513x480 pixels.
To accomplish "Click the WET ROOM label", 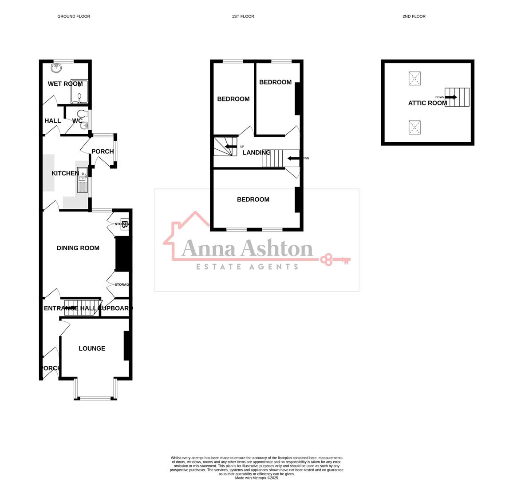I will (65, 84).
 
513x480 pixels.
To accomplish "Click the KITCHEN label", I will (65, 173).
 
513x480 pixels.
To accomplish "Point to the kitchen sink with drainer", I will (83, 180).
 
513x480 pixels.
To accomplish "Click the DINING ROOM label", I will (78, 248).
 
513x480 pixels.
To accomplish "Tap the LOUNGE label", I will (92, 348).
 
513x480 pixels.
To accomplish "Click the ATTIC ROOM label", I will (427, 103).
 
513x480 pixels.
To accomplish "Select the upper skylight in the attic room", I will (414, 79).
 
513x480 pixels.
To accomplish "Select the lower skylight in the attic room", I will (414, 128).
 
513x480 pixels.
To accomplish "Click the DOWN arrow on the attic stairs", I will (451, 97).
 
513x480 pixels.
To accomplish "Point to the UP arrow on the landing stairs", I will (230, 146).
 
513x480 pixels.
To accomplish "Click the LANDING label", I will (256, 152).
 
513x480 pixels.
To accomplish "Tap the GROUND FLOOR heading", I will (74, 16).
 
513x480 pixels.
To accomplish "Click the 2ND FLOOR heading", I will (414, 16).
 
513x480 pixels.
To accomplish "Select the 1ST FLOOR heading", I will (243, 16).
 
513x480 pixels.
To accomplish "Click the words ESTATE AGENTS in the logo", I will (247, 267).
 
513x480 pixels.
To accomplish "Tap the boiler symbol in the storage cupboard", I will (125, 224).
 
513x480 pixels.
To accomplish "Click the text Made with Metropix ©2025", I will (256, 478).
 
